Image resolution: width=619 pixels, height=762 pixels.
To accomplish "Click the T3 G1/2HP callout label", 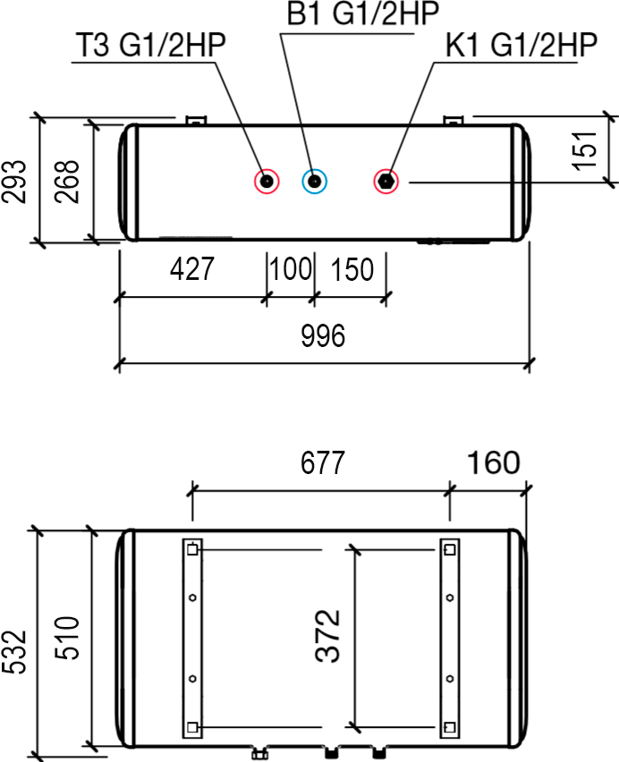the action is coord(151,46).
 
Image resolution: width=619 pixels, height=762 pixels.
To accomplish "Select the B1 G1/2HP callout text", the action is coord(362,13).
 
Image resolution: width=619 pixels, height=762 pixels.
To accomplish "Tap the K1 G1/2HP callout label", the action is coord(521,46).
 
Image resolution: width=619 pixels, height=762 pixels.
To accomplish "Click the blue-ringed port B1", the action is coord(314,182).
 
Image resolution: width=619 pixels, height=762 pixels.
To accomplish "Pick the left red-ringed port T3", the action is coord(267,182).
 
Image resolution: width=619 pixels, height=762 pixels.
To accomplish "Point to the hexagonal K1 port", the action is coord(386,182).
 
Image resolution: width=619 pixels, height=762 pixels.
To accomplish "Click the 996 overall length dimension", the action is coord(323,335).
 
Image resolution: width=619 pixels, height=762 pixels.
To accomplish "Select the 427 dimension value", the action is coord(192,268).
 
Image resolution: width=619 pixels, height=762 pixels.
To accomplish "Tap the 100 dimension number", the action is coord(291,268).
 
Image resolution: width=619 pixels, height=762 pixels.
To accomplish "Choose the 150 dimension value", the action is coord(352,269).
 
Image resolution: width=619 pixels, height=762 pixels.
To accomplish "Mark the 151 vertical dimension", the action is coord(584,150).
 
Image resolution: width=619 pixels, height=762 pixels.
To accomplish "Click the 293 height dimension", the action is coord(13,182).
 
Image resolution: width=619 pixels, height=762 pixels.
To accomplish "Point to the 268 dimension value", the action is coord(66,182).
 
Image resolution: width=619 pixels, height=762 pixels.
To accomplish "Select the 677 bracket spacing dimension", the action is coord(323,462).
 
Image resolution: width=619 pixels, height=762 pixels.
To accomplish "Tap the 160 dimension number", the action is coord(494,462).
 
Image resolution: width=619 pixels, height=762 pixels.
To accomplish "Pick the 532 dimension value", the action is coord(13,652).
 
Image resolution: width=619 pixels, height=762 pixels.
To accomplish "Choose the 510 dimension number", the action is coord(66,638).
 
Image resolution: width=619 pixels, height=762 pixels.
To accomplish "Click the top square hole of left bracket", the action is coord(192,550).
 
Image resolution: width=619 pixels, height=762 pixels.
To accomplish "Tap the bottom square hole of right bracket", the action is coord(450,727).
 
